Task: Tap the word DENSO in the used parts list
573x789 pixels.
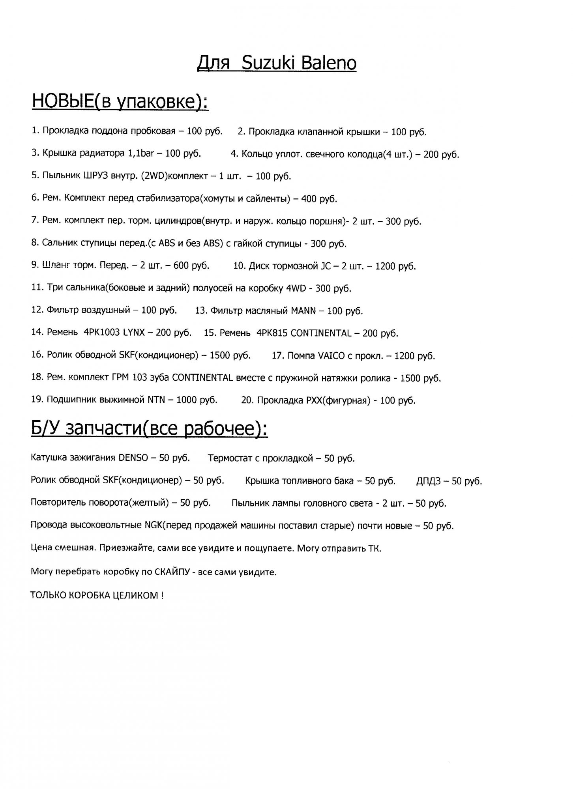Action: tap(133, 458)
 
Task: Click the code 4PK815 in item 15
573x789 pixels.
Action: tap(272, 333)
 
